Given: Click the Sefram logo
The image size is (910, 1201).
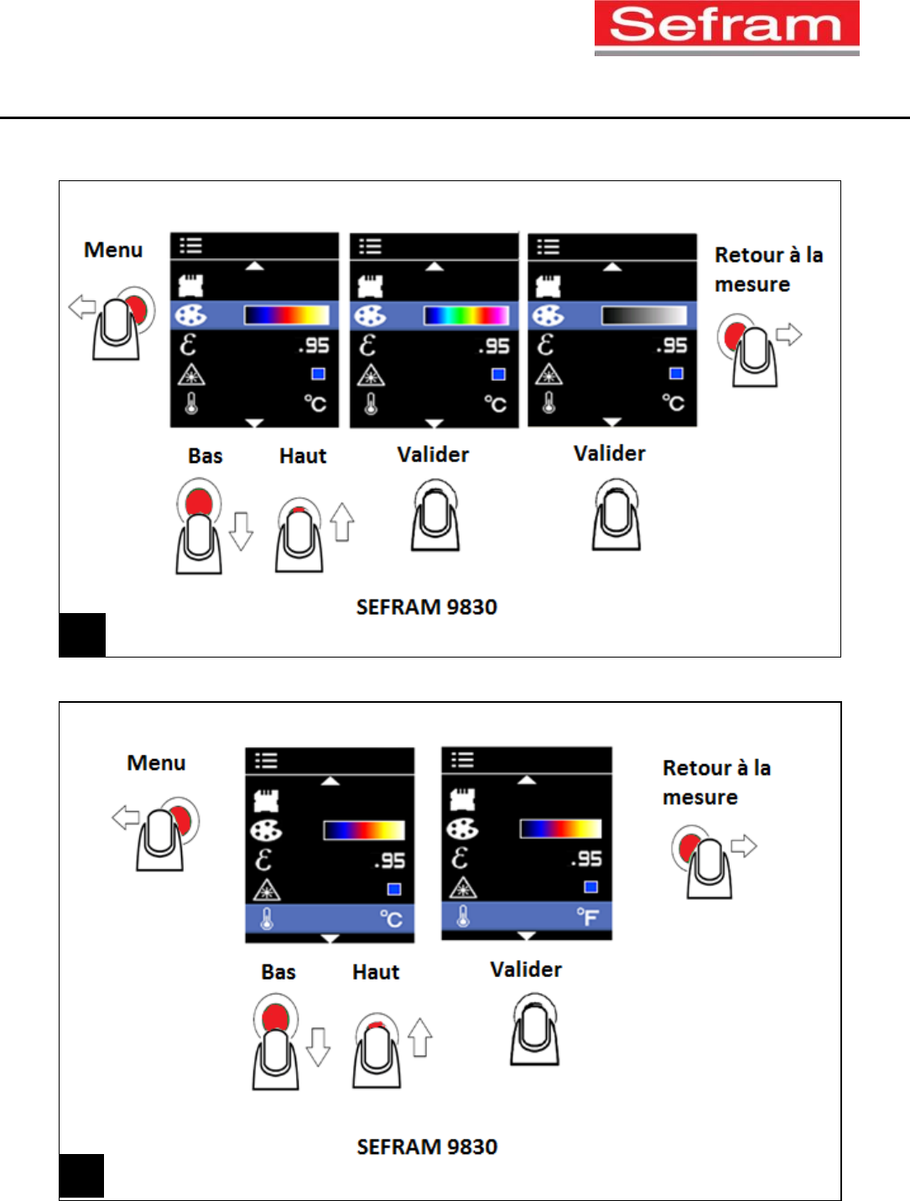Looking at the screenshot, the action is click(x=726, y=27).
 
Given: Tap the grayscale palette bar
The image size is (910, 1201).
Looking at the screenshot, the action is click(x=643, y=315).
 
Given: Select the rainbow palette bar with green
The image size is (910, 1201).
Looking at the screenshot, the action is click(x=465, y=315).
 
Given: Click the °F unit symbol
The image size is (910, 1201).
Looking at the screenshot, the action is click(x=587, y=918).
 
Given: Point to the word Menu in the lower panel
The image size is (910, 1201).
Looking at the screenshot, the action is click(x=156, y=763).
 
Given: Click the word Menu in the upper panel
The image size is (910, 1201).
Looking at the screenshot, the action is click(x=113, y=250).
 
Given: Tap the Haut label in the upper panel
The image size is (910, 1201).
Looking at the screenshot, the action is click(x=303, y=456).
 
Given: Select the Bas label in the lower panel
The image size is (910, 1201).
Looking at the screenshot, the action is click(x=278, y=972).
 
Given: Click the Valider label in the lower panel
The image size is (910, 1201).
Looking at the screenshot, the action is click(x=526, y=970).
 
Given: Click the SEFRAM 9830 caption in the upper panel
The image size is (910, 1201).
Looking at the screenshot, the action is click(x=426, y=607).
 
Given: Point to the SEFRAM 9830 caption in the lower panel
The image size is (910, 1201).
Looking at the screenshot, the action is click(x=427, y=1146).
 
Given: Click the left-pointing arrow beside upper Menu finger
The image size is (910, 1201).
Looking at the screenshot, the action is click(x=81, y=307).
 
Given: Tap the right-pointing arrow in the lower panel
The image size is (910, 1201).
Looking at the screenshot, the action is click(x=744, y=845).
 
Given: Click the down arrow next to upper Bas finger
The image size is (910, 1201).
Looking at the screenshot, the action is click(x=242, y=530).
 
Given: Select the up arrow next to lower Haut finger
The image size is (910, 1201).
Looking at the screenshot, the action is click(x=420, y=1037).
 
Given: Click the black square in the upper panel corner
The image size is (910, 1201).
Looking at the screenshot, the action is click(x=82, y=635).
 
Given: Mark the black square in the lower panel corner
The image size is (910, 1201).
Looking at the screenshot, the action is click(x=81, y=1176).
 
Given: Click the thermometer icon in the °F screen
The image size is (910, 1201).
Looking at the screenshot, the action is click(x=462, y=917).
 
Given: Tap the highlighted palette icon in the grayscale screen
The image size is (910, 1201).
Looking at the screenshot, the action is click(x=549, y=315).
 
